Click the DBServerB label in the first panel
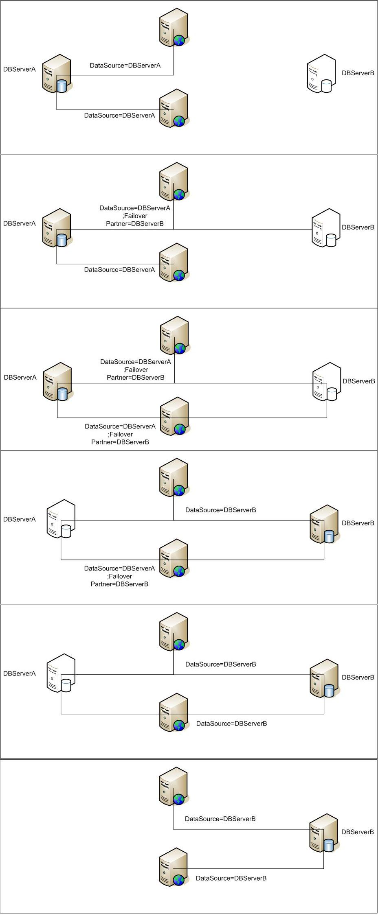(358, 73)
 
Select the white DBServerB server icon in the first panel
(321, 74)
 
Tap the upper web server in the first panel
(174, 28)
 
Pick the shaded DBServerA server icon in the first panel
(57, 74)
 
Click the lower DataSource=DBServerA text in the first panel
(119, 116)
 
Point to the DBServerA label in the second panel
(20, 223)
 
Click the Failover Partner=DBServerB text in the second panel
(135, 220)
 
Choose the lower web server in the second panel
(174, 263)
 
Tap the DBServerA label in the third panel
(20, 377)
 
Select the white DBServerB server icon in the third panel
(326, 382)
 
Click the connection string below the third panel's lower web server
(120, 434)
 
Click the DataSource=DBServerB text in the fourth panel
(220, 510)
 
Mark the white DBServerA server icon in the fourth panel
(61, 519)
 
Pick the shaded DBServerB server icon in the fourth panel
(324, 524)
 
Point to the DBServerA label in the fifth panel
(20, 673)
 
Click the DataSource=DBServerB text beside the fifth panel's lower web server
(231, 724)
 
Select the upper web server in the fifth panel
(174, 632)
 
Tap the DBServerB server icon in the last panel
(324, 833)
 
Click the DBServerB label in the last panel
(357, 832)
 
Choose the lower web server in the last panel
(174, 867)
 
